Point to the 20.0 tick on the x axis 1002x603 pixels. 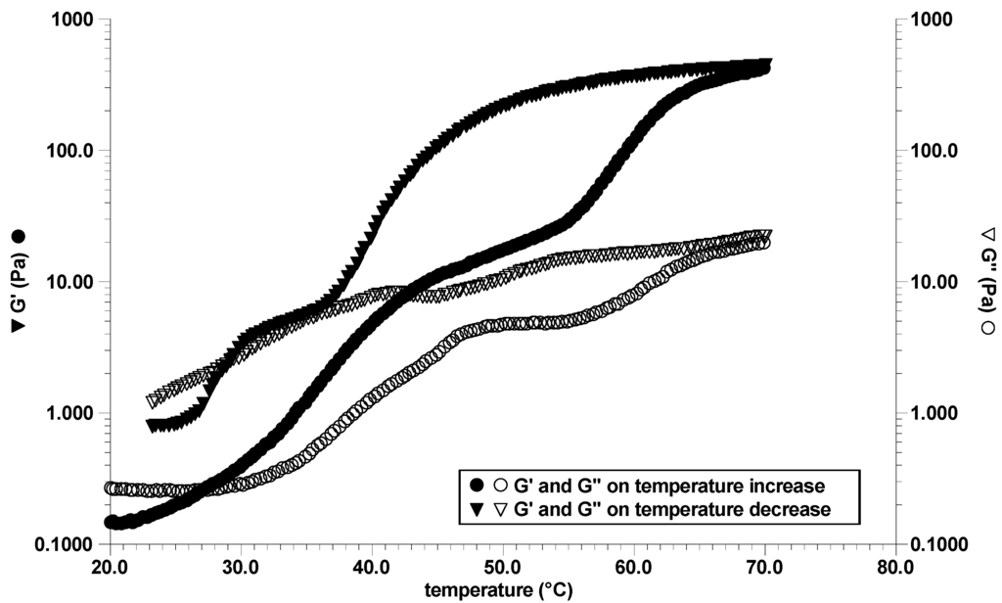111,566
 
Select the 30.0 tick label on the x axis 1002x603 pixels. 241,566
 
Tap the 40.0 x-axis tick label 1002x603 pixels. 372,566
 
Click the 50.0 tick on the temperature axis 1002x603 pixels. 503,566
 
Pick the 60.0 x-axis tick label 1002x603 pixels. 634,566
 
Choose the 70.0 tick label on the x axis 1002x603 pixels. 764,566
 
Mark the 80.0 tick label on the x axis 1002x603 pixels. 895,566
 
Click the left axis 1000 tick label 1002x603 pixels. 74,21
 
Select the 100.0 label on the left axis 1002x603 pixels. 70,152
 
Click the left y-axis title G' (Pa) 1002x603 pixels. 18,283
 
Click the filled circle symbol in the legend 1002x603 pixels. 478,485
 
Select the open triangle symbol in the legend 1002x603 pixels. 498,509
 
